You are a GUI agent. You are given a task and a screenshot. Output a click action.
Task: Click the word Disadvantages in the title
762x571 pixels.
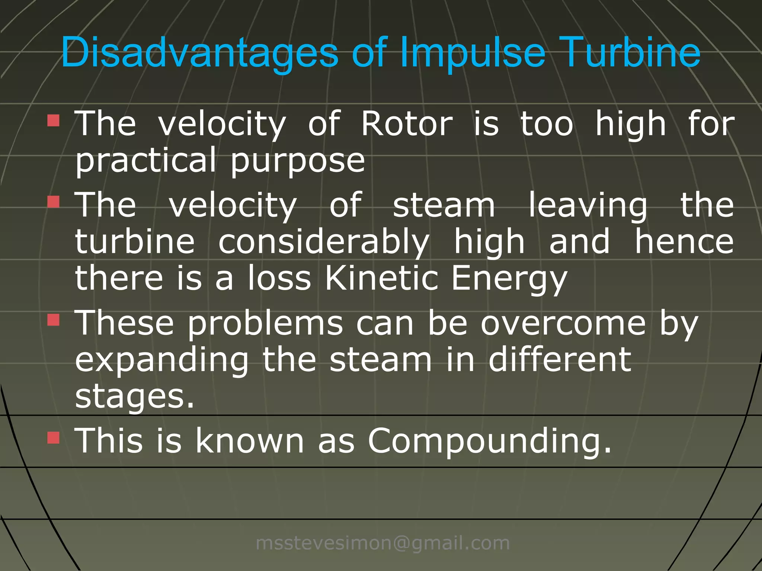pos(199,53)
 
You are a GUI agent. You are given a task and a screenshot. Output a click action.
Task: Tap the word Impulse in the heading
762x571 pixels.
pos(473,53)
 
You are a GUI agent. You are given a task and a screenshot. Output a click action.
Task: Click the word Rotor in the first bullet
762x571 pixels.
pos(407,124)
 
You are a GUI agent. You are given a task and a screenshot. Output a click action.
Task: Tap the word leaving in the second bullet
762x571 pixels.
pos(588,206)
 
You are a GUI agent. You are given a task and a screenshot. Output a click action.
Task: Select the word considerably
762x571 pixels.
pos(324,242)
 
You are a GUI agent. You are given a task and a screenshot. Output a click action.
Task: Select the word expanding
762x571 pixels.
pos(162,361)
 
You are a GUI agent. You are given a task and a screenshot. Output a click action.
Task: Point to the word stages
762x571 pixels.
pos(134,397)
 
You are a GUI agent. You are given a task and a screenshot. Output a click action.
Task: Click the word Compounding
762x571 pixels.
pos(489,441)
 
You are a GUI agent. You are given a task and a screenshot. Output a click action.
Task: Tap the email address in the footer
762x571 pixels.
pos(383,543)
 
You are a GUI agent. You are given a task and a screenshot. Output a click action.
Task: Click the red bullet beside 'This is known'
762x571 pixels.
pos(54,438)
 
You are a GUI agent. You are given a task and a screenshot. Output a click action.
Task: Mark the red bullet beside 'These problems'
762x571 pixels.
pos(54,320)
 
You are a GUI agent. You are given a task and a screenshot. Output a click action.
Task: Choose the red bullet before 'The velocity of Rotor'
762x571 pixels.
pos(54,121)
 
